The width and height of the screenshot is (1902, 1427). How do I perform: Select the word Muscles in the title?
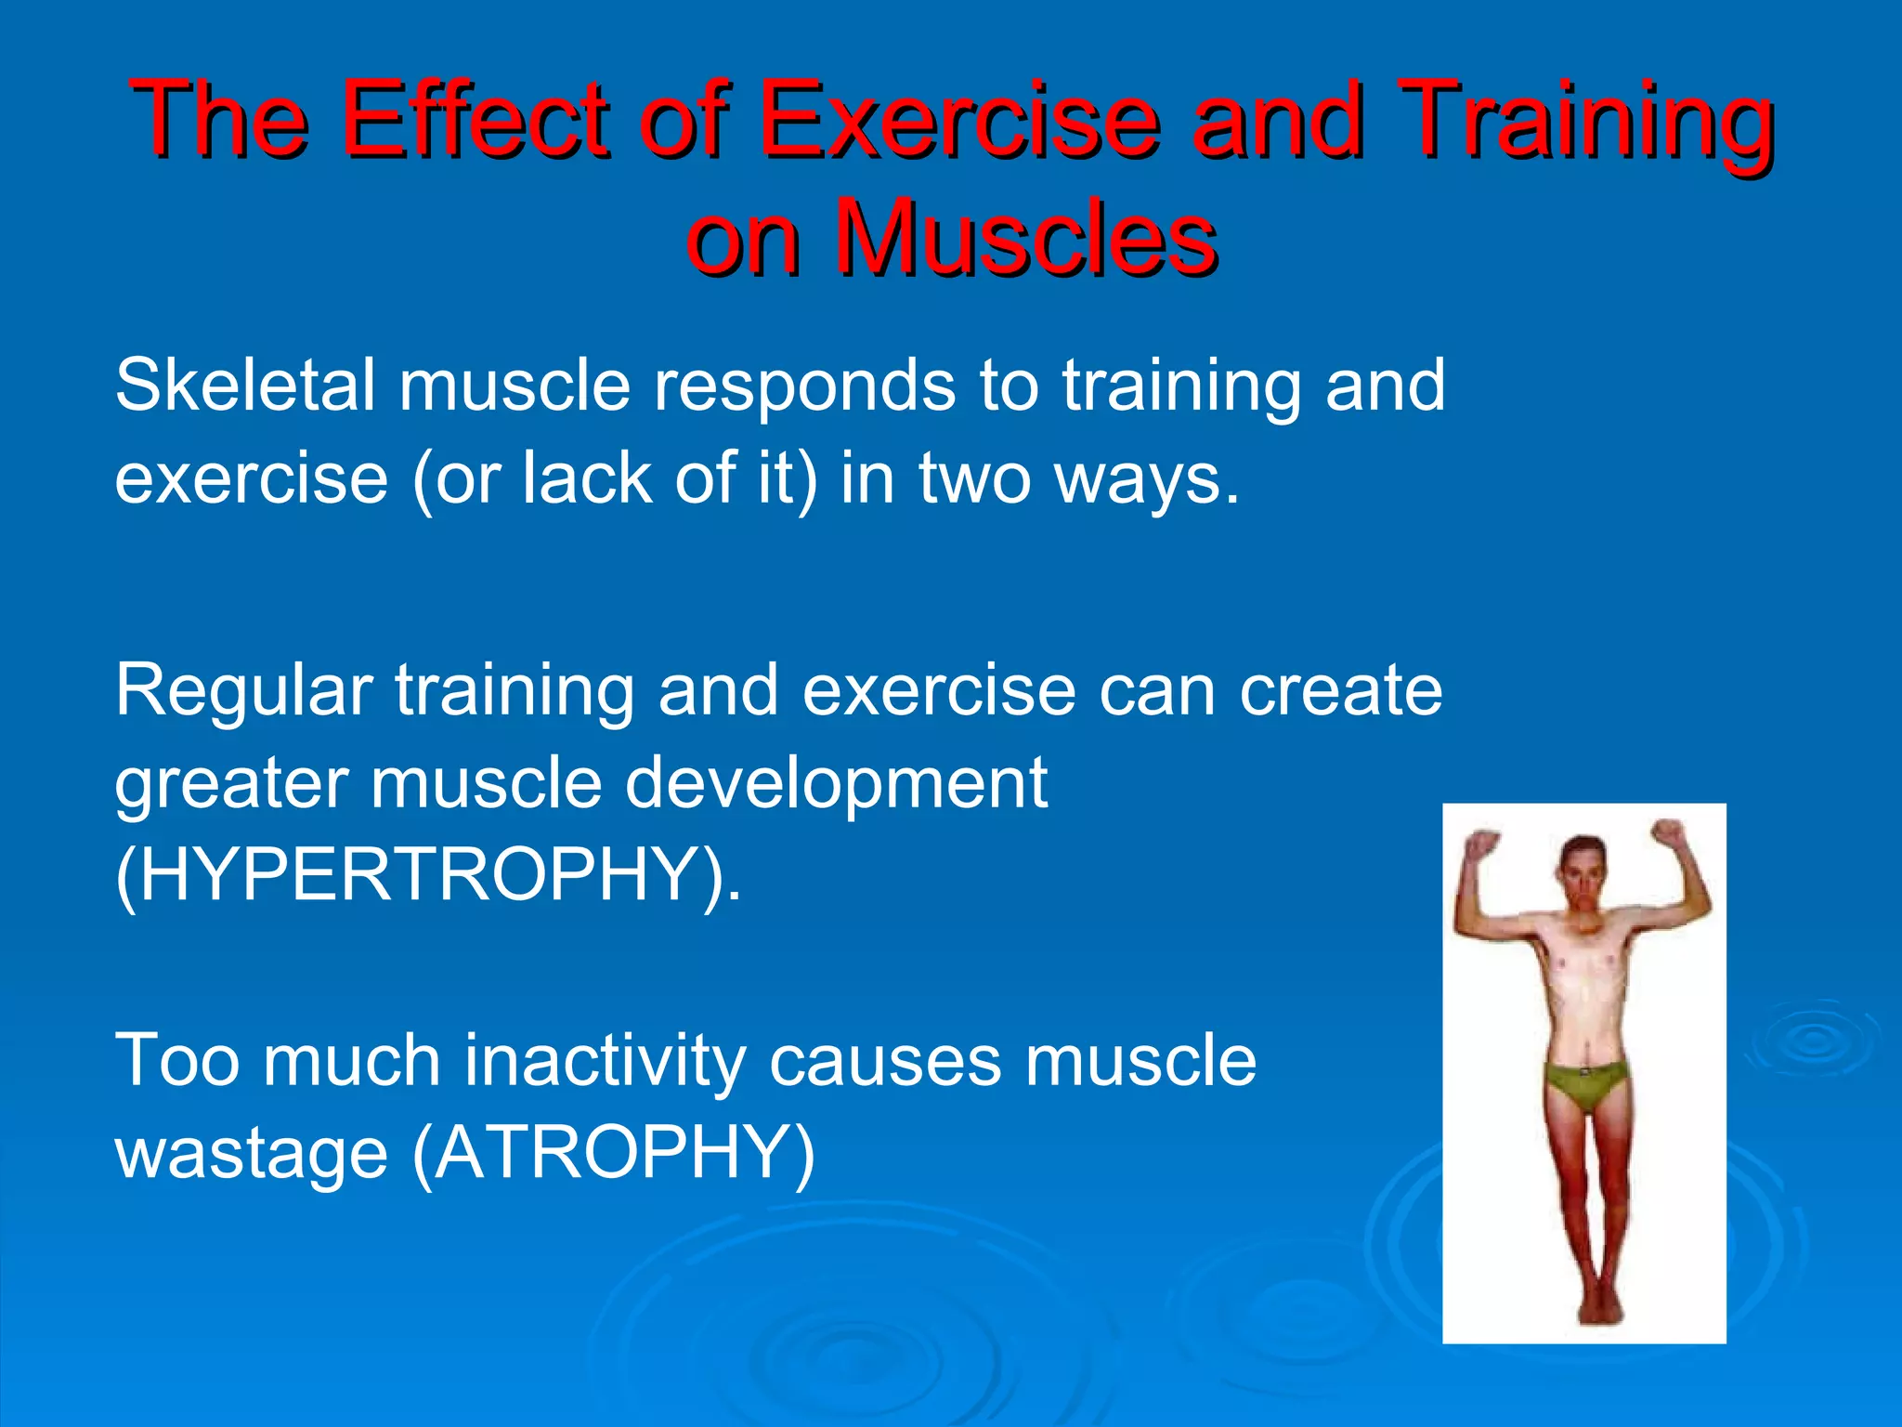(1025, 239)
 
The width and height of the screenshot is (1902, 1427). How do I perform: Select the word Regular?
(244, 693)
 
